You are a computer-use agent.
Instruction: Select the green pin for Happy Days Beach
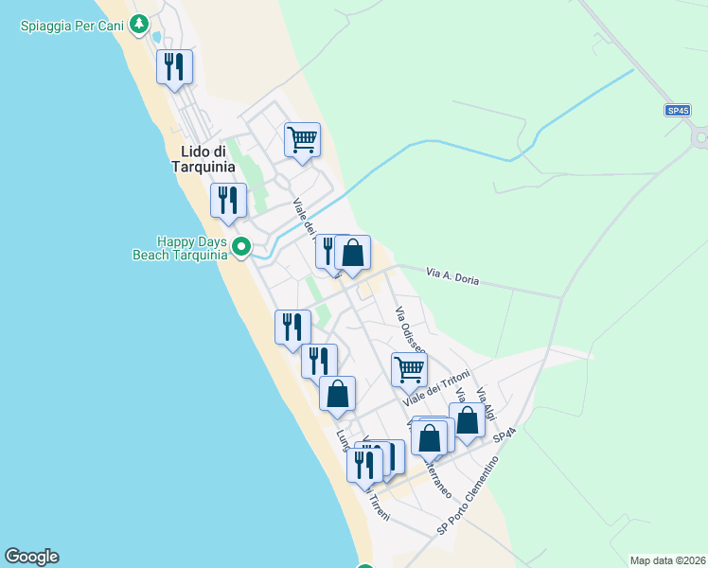(241, 248)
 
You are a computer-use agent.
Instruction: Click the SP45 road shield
(677, 111)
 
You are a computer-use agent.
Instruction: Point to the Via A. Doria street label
(453, 276)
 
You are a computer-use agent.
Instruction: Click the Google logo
(31, 557)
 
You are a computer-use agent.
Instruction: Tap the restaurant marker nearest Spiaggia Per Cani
(174, 66)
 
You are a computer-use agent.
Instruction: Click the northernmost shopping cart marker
(303, 140)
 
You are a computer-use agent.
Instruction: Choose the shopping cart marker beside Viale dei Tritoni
(409, 368)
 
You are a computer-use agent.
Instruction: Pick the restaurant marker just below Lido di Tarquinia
(228, 200)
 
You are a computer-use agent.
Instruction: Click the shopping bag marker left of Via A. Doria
(352, 253)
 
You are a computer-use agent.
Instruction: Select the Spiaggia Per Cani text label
(74, 25)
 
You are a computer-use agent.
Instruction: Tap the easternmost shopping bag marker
(468, 420)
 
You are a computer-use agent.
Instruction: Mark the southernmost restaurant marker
(363, 465)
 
